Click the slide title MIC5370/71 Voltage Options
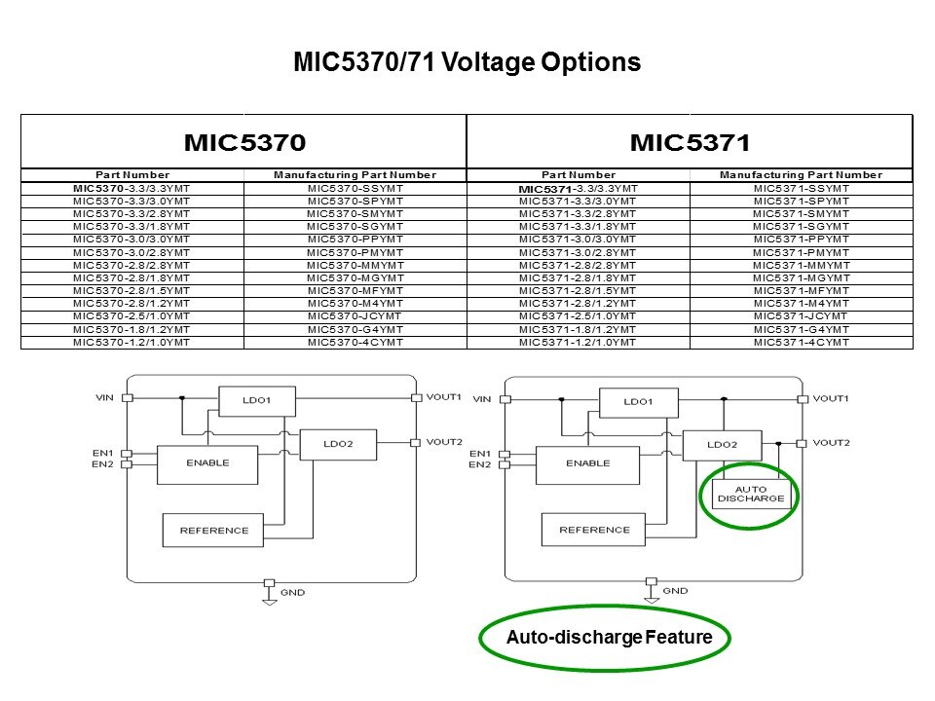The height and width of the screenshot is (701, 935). [467, 63]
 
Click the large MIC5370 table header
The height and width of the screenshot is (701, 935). [244, 142]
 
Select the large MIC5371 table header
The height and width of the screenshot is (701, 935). [691, 142]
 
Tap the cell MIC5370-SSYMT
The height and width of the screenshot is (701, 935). [355, 188]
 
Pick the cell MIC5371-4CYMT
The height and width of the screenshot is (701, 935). [802, 342]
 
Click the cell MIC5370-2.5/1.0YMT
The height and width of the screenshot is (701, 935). [132, 316]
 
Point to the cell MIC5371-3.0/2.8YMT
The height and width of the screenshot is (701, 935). [578, 252]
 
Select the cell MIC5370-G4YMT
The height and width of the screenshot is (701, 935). [355, 329]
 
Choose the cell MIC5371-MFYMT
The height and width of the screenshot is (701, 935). [802, 290]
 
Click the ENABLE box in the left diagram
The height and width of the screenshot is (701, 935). [207, 463]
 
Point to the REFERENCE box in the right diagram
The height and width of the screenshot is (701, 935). [594, 530]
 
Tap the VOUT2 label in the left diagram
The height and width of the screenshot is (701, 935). [444, 442]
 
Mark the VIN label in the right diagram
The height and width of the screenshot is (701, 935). [482, 399]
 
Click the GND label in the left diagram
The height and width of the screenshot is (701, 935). [293, 592]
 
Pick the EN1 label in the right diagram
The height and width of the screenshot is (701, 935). [479, 453]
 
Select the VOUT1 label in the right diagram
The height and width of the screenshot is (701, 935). [831, 399]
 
